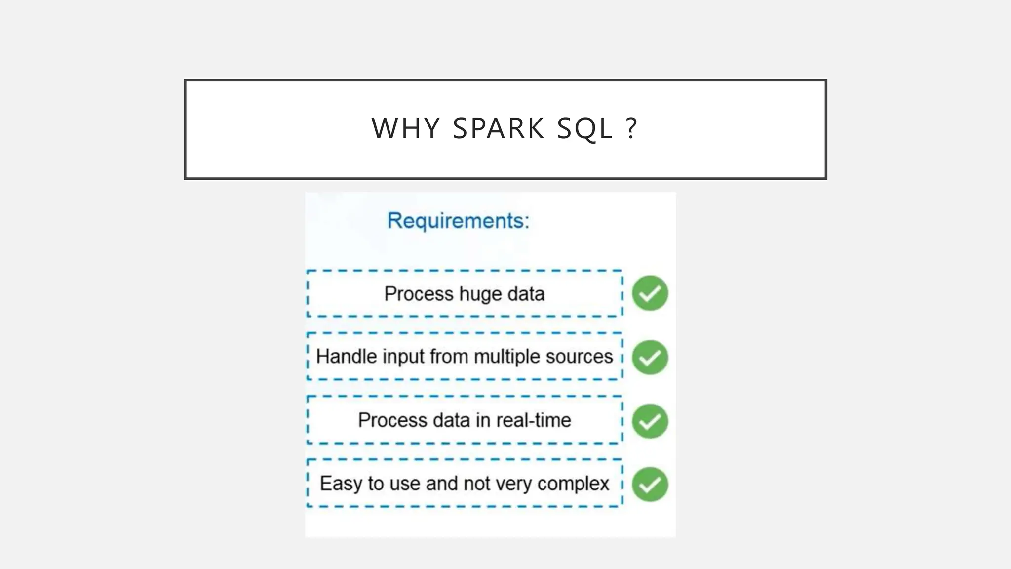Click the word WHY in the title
[x=405, y=129]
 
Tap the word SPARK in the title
[x=499, y=129]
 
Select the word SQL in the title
[x=584, y=129]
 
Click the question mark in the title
[x=631, y=129]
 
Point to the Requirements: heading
[x=458, y=221]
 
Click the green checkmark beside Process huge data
[x=650, y=293]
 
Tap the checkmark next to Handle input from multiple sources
[x=650, y=357]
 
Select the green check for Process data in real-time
[x=650, y=421]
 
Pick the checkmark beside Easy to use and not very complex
[x=650, y=484]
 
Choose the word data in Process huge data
[x=526, y=294]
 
